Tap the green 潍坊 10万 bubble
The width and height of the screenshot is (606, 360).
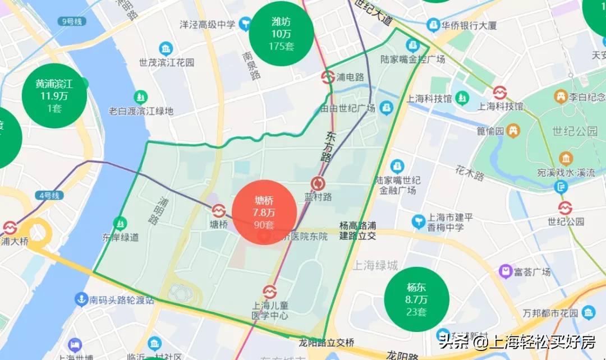pyautogui.click(x=281, y=34)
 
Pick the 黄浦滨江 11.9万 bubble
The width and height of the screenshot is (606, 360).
pyautogui.click(x=54, y=96)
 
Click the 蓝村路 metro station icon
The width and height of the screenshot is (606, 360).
pyautogui.click(x=318, y=183)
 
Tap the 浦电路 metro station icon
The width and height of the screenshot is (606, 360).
pyautogui.click(x=328, y=77)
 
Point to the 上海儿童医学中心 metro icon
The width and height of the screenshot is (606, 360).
pyautogui.click(x=270, y=292)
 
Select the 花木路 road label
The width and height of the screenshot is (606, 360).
pyautogui.click(x=470, y=173)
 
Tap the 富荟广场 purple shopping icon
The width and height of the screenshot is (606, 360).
pyautogui.click(x=504, y=272)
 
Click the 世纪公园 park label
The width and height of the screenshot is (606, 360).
pyautogui.click(x=567, y=132)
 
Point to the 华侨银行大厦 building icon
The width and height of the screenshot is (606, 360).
pyautogui.click(x=433, y=25)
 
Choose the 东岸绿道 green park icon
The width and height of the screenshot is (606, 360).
pyautogui.click(x=120, y=223)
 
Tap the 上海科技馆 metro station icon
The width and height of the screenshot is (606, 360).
pyautogui.click(x=500, y=93)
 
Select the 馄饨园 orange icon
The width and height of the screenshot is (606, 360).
pyautogui.click(x=512, y=131)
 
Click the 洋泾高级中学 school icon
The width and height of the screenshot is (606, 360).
pyautogui.click(x=245, y=24)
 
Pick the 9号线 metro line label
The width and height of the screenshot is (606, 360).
pyautogui.click(x=72, y=21)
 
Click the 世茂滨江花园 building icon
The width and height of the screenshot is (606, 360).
pyautogui.click(x=166, y=49)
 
